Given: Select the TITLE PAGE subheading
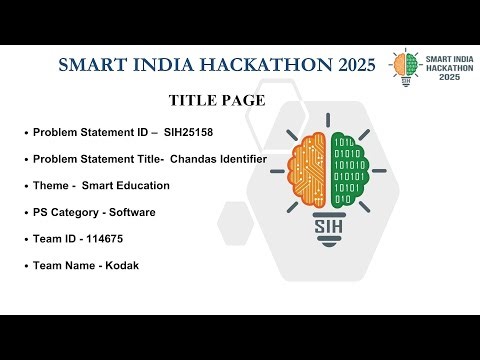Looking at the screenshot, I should point(217,101).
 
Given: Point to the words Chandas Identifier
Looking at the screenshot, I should point(218,159).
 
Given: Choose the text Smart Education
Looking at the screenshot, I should point(126,185).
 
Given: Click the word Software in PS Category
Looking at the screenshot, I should point(131,212).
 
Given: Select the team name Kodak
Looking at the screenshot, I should point(118,265).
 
